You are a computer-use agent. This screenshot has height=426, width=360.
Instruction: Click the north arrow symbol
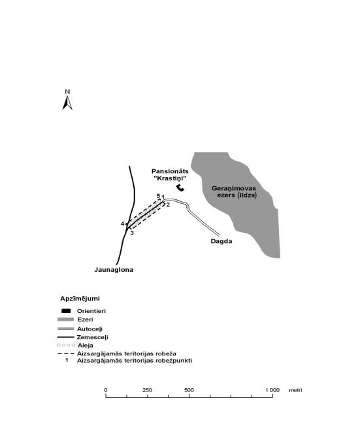pos(67,103)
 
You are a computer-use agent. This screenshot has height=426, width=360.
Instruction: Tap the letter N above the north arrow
pos(67,92)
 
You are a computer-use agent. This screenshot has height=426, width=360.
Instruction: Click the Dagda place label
pos(221,241)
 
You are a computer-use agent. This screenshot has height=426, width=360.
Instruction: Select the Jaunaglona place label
pos(114,270)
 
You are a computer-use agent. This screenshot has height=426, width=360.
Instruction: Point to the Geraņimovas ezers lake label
pos(234,191)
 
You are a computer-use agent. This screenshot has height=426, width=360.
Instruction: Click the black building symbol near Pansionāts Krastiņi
pos(180,188)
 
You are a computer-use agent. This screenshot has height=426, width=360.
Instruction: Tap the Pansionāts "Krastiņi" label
pos(170,174)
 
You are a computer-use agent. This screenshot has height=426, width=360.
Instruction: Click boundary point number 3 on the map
pos(132,233)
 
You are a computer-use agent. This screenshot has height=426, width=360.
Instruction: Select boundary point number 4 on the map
pos(123,223)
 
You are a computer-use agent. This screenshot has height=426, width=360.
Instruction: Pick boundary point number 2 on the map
pos(168,205)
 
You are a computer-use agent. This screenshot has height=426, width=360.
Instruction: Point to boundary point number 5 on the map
pos(158,195)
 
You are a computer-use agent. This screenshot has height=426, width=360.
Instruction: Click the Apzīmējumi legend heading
pos(80,299)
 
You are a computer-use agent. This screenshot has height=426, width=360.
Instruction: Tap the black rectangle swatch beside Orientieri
pos(66,311)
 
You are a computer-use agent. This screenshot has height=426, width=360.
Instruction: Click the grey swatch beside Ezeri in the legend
pos(65,319)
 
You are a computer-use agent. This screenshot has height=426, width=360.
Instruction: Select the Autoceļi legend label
pos(90,329)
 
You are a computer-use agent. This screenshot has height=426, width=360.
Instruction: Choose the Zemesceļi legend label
pos(92,337)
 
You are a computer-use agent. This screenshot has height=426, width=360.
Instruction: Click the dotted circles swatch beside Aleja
pos(66,346)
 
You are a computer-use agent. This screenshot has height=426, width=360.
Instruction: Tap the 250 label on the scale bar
pos(147,390)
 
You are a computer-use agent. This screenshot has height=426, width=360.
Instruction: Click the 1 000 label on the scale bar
pos(272,390)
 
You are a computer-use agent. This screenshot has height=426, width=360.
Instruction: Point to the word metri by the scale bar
pos(295,390)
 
